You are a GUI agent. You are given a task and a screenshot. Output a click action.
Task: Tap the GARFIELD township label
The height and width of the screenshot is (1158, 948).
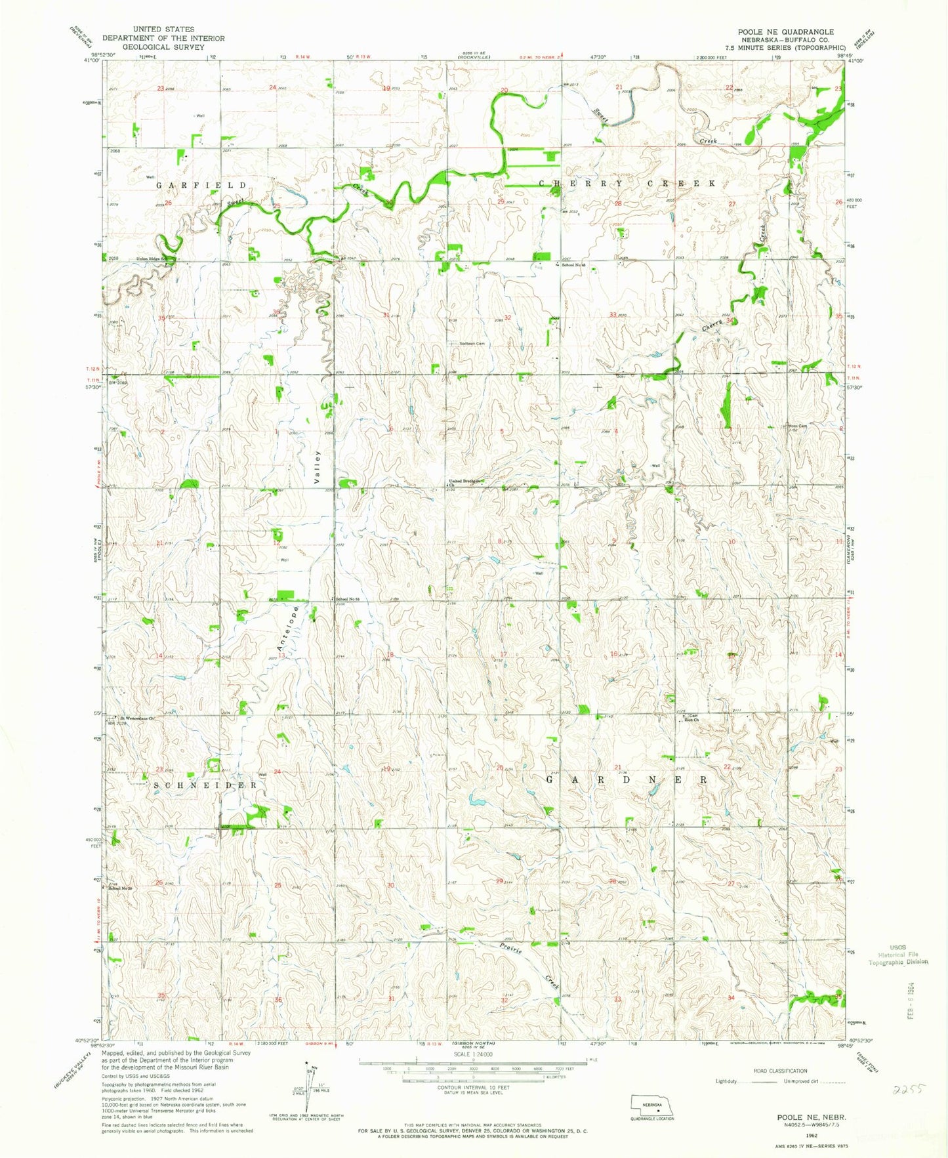tap(201, 186)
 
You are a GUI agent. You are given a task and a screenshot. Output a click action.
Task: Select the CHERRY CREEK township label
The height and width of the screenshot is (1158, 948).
tap(628, 184)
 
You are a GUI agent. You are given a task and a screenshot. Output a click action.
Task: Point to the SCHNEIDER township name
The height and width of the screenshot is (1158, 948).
tap(204, 785)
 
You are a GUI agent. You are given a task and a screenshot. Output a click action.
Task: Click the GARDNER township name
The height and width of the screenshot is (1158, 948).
tap(627, 780)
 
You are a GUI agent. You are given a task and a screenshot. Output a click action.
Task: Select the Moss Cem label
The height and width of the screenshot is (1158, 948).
tap(796, 426)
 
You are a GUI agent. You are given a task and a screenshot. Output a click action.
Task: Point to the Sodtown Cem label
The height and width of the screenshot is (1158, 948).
tap(471, 343)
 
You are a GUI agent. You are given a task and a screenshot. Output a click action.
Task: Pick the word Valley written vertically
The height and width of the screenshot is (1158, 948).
tap(317, 466)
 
